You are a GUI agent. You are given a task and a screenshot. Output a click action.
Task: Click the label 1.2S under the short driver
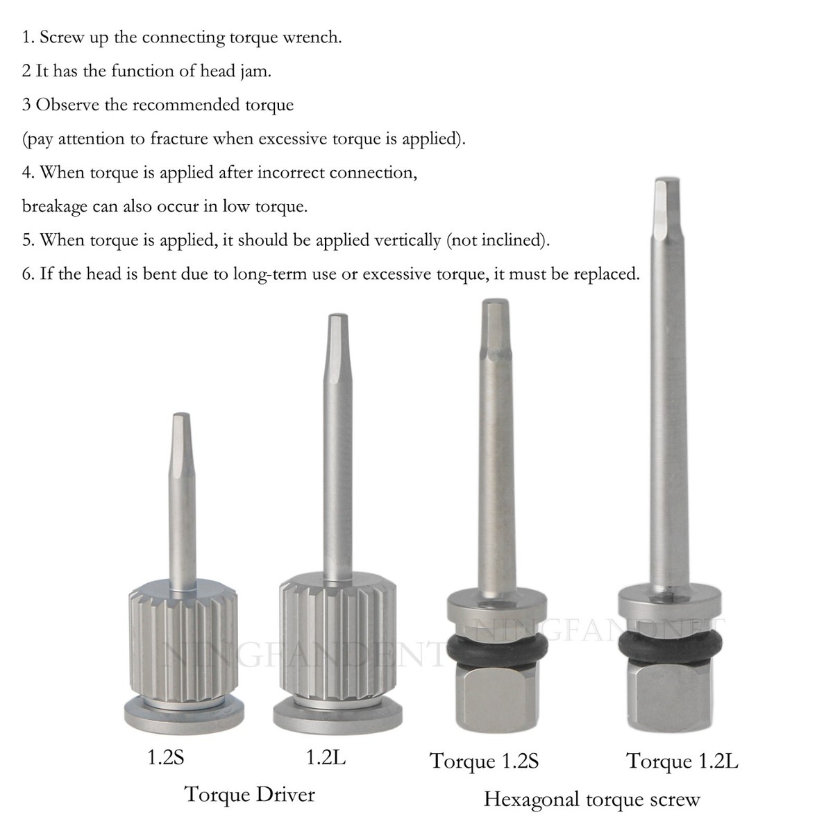pos(166,757)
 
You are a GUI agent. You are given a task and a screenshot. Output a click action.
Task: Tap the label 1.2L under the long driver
pos(326,757)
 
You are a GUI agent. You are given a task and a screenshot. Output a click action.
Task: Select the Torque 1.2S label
pos(484,761)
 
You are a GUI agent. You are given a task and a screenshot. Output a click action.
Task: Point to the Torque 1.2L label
pos(682,761)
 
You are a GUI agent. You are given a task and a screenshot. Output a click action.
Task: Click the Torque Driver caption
pos(249,794)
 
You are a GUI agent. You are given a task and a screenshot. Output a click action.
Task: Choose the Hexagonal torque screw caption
pos(591,799)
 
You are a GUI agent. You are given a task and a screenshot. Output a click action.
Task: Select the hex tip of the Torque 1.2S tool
pos(491,316)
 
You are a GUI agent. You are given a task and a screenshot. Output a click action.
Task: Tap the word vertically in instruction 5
pos(403,241)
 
